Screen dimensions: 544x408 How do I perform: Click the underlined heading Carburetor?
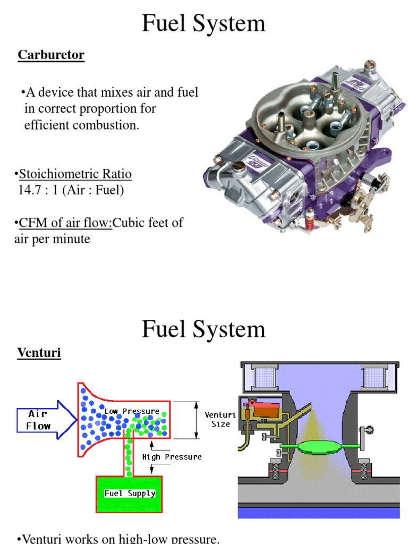pyautogui.click(x=51, y=55)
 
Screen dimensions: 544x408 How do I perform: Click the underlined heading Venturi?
pyautogui.click(x=39, y=352)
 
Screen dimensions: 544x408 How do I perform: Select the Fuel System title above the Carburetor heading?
pyautogui.click(x=203, y=24)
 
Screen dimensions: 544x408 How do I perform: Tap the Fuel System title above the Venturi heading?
pyautogui.click(x=203, y=329)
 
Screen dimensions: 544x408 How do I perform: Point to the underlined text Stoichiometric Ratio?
pyautogui.click(x=75, y=174)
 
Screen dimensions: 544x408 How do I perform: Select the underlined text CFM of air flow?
pyautogui.click(x=65, y=223)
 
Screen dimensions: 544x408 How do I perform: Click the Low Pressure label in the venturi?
pyautogui.click(x=132, y=411)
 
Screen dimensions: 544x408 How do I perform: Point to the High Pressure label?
pyautogui.click(x=172, y=456)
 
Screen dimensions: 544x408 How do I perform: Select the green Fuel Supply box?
pyautogui.click(x=130, y=494)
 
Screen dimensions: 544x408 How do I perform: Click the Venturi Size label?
pyautogui.click(x=220, y=419)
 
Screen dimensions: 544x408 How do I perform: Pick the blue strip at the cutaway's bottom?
pyautogui.click(x=319, y=512)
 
